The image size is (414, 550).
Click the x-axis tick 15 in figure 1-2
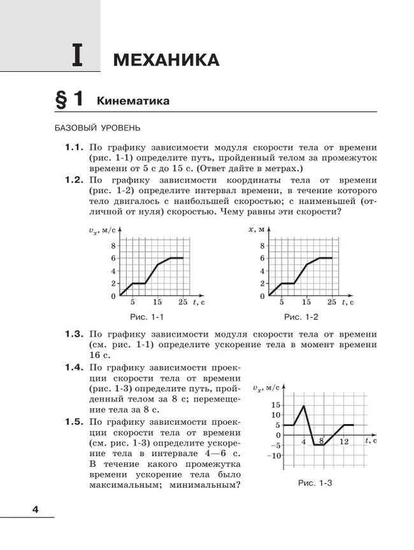[306, 302]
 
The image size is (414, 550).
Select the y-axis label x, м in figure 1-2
[256, 230]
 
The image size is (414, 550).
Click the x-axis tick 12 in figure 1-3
[344, 441]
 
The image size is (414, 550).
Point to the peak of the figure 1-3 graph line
[303, 406]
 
